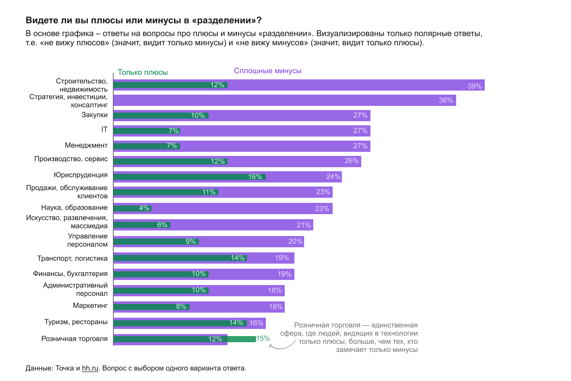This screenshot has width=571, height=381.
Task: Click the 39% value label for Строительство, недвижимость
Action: coord(474,86)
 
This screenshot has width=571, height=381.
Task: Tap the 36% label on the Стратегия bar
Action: coord(446,100)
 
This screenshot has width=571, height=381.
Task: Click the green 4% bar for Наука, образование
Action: coord(132,208)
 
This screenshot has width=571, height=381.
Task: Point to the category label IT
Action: coord(104,129)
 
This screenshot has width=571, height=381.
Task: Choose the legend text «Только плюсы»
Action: coord(143,72)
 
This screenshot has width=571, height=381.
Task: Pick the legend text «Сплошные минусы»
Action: coord(268,71)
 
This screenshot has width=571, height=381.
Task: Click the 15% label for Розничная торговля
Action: coord(263,339)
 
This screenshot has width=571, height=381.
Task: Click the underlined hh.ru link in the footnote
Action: coord(90,368)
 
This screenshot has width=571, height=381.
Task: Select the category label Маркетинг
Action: coord(90,305)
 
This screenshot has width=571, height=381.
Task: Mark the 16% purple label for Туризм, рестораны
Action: coord(256,323)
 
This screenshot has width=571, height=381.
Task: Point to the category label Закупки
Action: coord(95,115)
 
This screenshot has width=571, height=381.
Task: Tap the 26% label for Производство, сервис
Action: coord(351,161)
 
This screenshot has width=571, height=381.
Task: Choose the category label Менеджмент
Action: coord(86,145)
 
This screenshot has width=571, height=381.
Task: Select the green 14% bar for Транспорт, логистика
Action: coord(180,258)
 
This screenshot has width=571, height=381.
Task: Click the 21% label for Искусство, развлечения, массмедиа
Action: coord(303,225)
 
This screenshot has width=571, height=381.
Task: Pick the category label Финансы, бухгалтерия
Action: coord(70,274)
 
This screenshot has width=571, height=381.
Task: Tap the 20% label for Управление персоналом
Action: coord(295,241)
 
